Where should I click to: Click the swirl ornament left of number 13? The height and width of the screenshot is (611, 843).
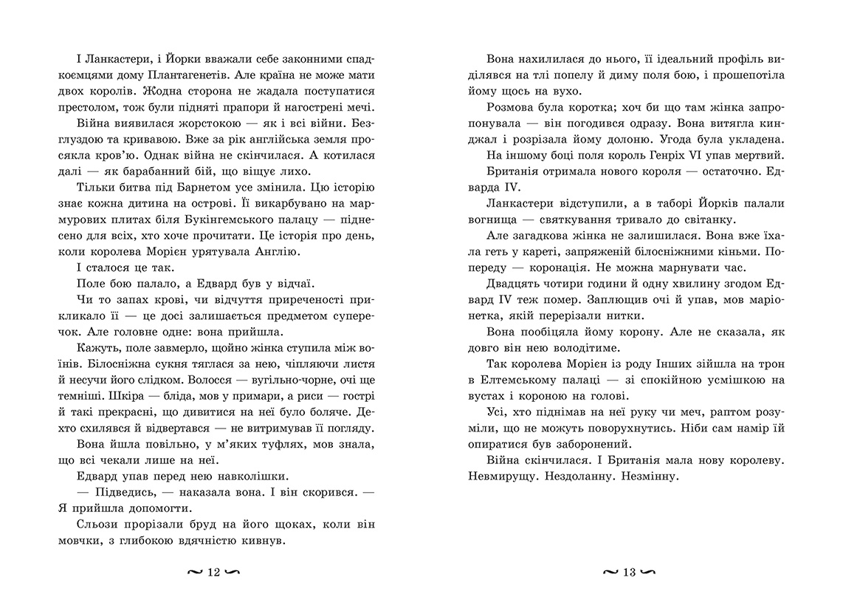[x=610, y=573]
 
